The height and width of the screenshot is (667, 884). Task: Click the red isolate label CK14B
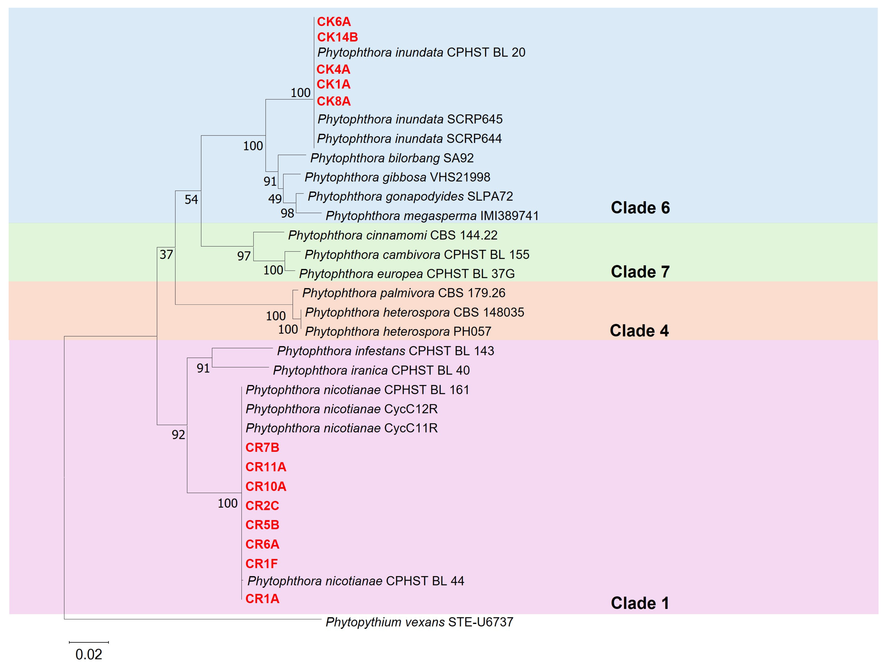337,37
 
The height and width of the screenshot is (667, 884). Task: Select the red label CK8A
334,101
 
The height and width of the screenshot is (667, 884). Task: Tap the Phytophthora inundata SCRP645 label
410,119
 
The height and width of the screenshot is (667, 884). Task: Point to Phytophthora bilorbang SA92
392,158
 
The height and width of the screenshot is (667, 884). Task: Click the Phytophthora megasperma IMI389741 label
432,216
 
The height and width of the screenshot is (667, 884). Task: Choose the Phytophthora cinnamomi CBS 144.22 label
392,235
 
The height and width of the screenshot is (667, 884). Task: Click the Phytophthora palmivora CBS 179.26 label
404,293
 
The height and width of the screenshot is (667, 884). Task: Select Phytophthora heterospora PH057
398,331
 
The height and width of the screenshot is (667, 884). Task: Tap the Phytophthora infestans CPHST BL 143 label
385,351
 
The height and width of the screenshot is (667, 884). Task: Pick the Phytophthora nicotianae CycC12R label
342,409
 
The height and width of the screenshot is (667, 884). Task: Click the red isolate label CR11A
266,467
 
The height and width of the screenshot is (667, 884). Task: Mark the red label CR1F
261,564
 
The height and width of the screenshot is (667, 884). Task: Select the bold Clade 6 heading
640,208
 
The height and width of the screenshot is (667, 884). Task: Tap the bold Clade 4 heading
639,331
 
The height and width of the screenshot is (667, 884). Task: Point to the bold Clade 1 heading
640,603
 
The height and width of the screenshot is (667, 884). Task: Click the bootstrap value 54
191,200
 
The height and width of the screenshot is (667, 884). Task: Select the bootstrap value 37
166,254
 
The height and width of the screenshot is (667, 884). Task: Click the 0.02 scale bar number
89,654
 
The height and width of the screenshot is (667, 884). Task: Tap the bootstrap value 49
274,199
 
